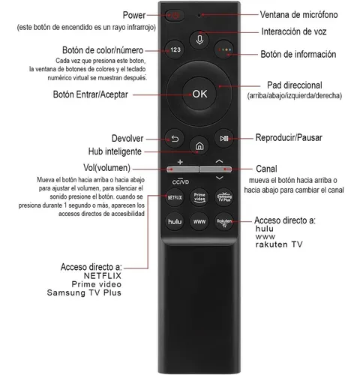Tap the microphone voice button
tap(199, 40)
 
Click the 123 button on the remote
tap(175, 49)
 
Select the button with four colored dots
tap(224, 49)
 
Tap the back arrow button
tap(175, 138)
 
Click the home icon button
tap(199, 145)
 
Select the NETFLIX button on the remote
tap(175, 197)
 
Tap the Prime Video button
tap(199, 197)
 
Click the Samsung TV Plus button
tap(224, 197)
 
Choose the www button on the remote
tap(199, 221)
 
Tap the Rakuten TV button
tap(224, 221)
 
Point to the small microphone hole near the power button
tap(199, 15)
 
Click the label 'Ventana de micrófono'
tap(298, 15)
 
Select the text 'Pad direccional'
tap(295, 85)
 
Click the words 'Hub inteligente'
tap(115, 151)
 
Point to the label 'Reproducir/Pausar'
tap(289, 138)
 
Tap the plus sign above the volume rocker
tap(180, 162)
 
